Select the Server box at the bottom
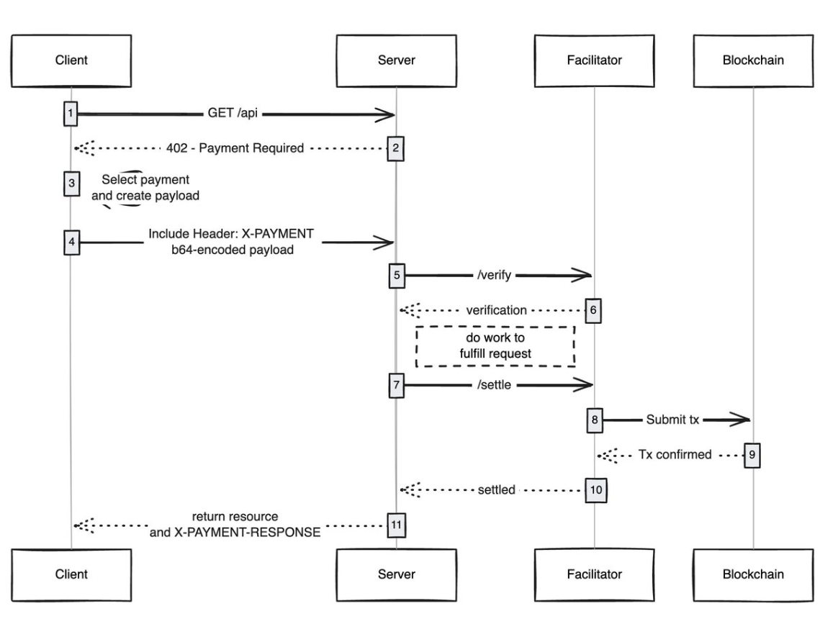tap(396, 574)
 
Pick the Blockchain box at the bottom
tap(753, 574)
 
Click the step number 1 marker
tap(71, 114)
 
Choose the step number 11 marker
tap(396, 525)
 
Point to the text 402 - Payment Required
tap(240, 148)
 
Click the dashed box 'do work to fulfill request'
tap(495, 345)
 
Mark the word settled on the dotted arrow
tap(496, 489)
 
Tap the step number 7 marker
tap(396, 385)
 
